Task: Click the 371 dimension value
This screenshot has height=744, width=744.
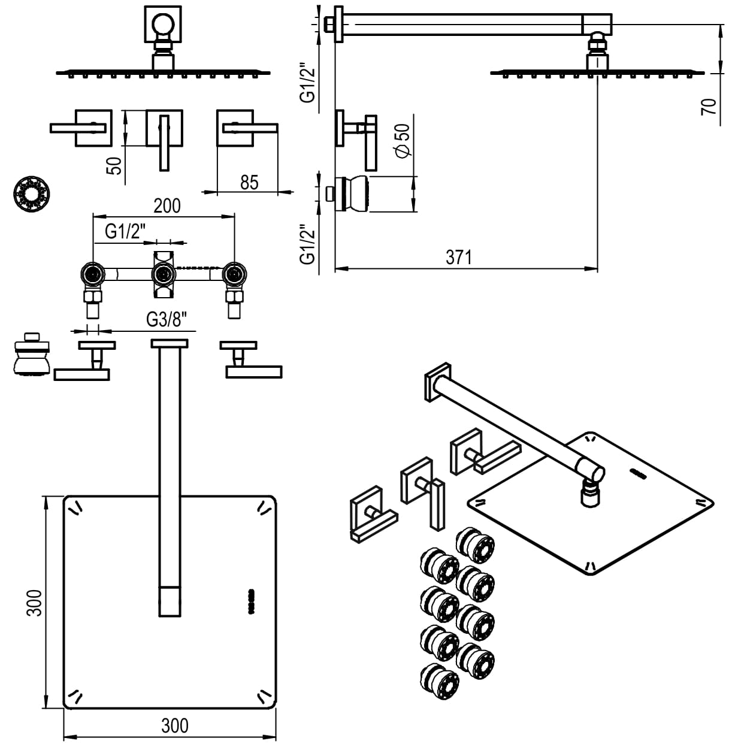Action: [458, 257]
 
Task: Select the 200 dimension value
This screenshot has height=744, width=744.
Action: [167, 205]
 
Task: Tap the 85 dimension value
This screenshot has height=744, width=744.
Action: [249, 182]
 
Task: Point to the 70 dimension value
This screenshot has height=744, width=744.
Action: [709, 107]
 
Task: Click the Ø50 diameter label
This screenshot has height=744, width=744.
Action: [403, 140]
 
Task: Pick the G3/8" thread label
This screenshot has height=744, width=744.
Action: [171, 320]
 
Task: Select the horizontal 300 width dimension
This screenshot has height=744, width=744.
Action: [174, 725]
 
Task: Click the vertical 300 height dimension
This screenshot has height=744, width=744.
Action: [35, 603]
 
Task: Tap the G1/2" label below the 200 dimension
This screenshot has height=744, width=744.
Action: [125, 231]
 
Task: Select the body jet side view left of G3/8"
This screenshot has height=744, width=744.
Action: [29, 354]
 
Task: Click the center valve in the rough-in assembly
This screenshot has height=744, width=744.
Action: [162, 275]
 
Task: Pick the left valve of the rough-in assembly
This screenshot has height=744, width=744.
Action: [93, 275]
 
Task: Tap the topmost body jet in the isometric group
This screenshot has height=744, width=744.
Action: [475, 543]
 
